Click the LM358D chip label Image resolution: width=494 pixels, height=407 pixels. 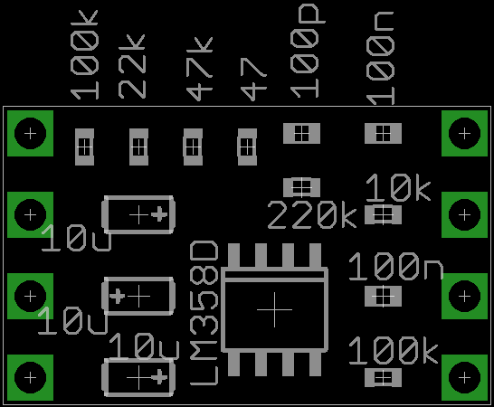click(204, 313)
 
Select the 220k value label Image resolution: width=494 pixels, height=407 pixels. click(312, 215)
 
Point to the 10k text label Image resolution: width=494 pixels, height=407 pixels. click(398, 188)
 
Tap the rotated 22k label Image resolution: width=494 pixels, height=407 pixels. click(132, 66)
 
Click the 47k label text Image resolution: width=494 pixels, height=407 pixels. click(200, 69)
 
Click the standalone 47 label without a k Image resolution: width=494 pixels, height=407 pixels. click(253, 80)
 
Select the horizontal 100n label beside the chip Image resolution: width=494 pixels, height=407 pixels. click(395, 267)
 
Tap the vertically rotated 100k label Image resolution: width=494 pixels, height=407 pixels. click(84, 55)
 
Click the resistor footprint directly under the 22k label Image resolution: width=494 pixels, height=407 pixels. click(138, 147)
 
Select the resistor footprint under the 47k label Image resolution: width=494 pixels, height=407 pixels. click(193, 147)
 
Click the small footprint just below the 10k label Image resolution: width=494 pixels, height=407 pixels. click(383, 215)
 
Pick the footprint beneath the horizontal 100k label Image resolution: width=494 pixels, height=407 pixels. click(383, 377)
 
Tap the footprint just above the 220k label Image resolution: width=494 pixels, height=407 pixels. click(301, 187)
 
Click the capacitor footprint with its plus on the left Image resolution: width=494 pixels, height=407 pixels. click(138, 296)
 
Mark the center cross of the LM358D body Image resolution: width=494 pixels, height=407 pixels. click(275, 309)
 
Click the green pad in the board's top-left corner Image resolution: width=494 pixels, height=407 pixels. click(30, 133)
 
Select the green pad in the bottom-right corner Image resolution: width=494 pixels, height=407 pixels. click(464, 377)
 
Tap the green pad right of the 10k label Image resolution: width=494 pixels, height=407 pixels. click(464, 214)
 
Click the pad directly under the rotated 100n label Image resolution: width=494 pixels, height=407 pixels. click(383, 133)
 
